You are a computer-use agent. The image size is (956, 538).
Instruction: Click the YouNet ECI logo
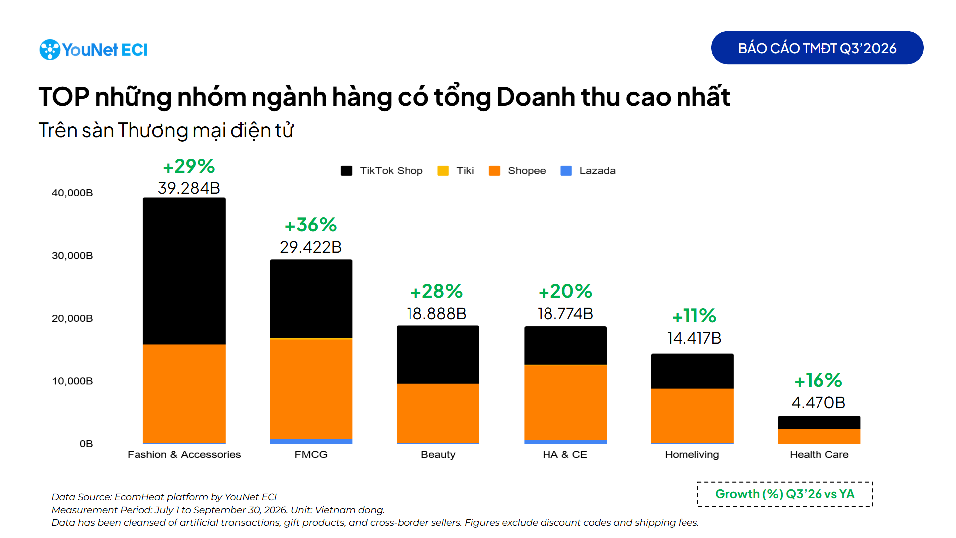point(94,50)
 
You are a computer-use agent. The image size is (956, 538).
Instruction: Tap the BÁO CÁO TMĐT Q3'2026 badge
point(817,48)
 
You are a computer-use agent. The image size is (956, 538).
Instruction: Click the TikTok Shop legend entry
point(382,171)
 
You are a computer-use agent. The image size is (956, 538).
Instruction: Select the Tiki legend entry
point(456,171)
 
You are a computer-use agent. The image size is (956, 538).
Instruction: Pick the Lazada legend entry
point(588,171)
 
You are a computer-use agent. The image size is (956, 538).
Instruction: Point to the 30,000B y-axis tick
point(72,256)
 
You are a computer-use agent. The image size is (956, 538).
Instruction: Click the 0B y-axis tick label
point(86,444)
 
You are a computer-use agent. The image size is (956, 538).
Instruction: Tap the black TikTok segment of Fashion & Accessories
point(184,271)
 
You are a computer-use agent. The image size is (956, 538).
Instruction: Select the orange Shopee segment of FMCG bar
point(311,388)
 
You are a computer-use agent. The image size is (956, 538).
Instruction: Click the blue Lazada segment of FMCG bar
point(311,441)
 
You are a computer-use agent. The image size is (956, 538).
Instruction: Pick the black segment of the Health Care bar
point(819,422)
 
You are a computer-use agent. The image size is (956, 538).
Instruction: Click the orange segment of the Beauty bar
point(438,413)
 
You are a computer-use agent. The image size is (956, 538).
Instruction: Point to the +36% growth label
point(311,225)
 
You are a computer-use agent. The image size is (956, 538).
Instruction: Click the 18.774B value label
point(565,314)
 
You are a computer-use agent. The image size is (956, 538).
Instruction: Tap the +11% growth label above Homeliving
point(694,316)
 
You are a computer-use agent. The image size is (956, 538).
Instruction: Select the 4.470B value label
point(819,403)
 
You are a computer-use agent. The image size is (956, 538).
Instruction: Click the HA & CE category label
point(565,455)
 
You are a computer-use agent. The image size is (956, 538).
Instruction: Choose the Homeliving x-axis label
point(692,455)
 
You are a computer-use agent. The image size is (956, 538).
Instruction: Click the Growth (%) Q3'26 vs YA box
point(785,494)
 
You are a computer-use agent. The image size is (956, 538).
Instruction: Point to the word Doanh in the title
point(536,97)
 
